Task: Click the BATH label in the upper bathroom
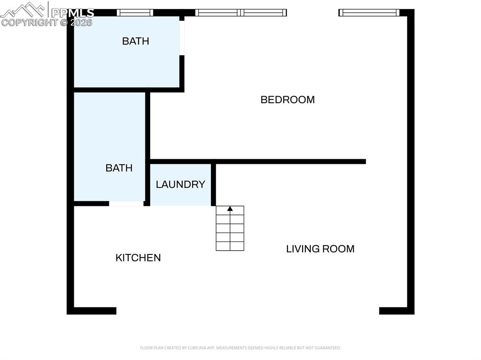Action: click(135, 41)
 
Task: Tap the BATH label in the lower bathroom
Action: click(119, 168)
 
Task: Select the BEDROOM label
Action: click(287, 100)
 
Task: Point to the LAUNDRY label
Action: click(180, 184)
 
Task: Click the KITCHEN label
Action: click(138, 258)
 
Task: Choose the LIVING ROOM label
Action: click(320, 249)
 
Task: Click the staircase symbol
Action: click(230, 229)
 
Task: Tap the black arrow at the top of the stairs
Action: click(230, 208)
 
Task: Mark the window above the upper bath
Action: click(135, 13)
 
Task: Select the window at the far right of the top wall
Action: click(369, 13)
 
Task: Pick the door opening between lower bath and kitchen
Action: click(126, 204)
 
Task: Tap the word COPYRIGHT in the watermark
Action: click(29, 23)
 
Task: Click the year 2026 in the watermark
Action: click(81, 23)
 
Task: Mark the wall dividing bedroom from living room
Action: click(282, 161)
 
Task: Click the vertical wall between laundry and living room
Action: click(213, 184)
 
